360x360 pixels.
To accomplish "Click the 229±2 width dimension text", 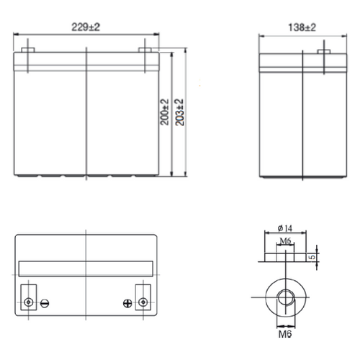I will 86,27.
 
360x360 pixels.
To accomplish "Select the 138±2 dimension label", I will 303,27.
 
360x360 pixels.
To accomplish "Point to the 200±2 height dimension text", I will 165,114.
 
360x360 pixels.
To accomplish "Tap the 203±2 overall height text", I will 180,114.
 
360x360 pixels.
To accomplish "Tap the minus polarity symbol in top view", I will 45,303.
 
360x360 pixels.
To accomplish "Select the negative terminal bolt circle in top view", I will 29,300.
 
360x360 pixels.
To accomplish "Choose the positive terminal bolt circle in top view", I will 143,300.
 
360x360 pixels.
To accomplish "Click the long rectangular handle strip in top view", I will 86,267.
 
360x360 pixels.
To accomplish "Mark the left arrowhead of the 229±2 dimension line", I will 18,34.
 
